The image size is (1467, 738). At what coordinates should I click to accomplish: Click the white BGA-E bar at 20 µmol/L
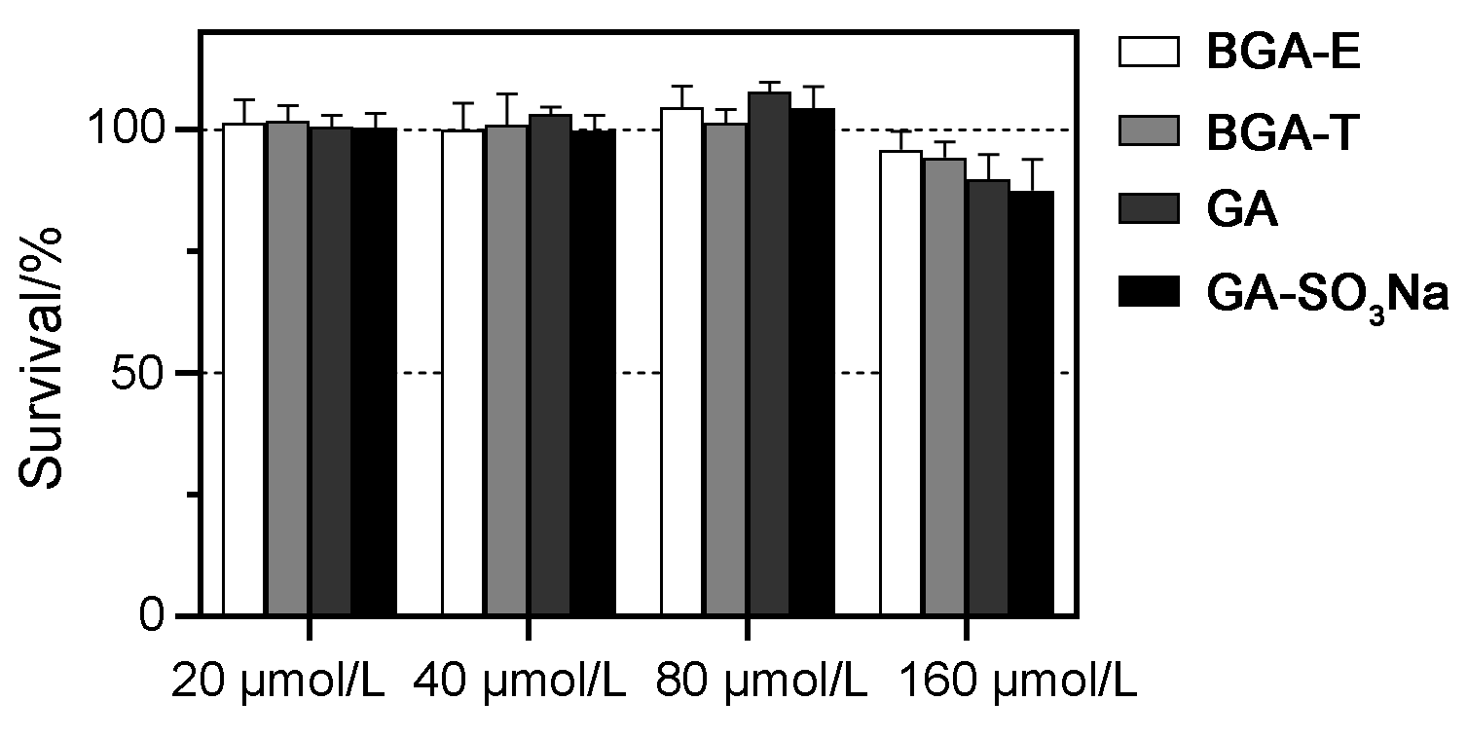click(x=244, y=370)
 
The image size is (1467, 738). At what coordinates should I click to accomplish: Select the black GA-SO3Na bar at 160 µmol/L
click(x=1032, y=404)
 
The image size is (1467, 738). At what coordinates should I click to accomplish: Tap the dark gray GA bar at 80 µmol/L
click(x=768, y=355)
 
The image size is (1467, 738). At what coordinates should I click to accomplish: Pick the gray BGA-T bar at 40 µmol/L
click(x=506, y=370)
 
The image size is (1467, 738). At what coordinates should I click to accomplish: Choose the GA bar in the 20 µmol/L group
click(x=331, y=371)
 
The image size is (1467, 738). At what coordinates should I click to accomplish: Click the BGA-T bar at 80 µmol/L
click(x=725, y=370)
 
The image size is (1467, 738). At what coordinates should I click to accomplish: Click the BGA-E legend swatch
click(x=1149, y=52)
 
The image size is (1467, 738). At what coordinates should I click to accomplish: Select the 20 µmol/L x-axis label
click(x=277, y=683)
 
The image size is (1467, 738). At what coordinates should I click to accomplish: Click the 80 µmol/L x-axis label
click(x=761, y=683)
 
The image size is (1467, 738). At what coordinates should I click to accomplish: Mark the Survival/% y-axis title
click(x=41, y=357)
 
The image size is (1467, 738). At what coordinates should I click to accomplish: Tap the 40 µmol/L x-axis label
click(x=518, y=683)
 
